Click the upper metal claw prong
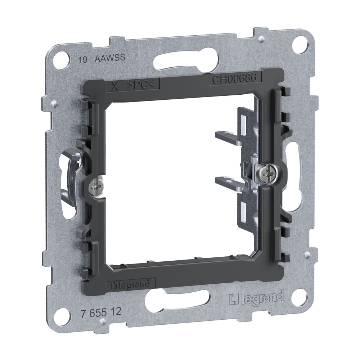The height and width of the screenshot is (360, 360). [x=227, y=136]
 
